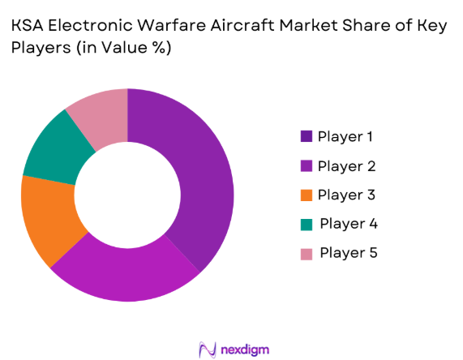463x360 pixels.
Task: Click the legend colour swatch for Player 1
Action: pyautogui.click(x=306, y=136)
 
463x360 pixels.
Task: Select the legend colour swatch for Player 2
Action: pyautogui.click(x=306, y=165)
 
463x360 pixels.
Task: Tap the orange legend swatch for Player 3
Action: pyautogui.click(x=306, y=195)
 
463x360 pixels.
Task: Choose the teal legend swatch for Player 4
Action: pyautogui.click(x=306, y=224)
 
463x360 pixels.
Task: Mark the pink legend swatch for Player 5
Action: pyautogui.click(x=306, y=253)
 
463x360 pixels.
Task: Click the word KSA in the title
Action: pyautogui.click(x=28, y=25)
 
